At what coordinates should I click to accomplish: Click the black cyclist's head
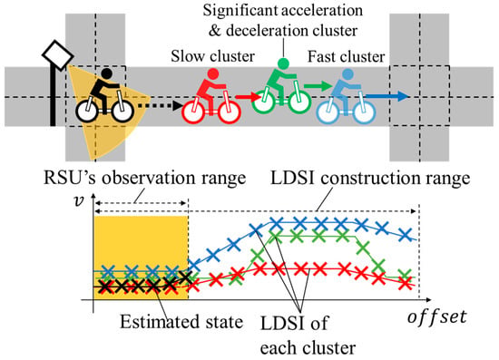(106, 73)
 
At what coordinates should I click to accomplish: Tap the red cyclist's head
(213, 74)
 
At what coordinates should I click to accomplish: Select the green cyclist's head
(283, 63)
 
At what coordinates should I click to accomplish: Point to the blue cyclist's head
(347, 74)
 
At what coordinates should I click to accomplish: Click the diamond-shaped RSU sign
(58, 55)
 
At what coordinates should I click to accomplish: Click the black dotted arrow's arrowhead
(177, 106)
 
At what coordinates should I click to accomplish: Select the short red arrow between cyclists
(248, 96)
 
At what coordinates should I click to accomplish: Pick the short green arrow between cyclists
(318, 85)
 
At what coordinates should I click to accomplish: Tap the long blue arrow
(387, 96)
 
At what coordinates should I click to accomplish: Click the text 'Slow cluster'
(212, 56)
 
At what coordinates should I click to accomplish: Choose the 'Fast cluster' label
(346, 56)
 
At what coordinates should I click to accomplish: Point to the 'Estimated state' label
(181, 322)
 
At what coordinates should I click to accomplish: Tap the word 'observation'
(150, 177)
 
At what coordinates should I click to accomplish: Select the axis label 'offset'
(437, 316)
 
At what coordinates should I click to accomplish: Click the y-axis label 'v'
(78, 200)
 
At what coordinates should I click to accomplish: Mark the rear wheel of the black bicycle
(86, 111)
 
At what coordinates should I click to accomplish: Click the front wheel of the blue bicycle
(365, 112)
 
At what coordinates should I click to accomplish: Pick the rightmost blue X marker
(406, 235)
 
